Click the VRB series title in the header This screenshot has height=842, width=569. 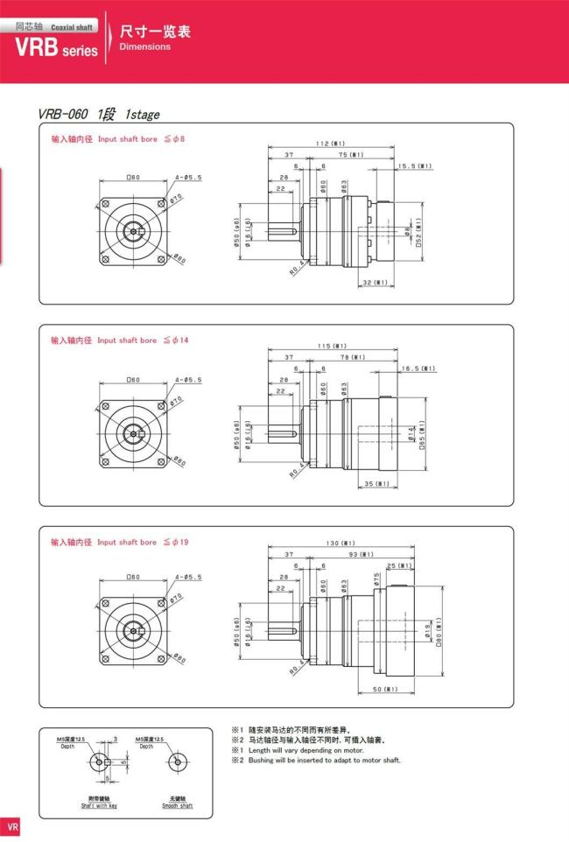point(56,48)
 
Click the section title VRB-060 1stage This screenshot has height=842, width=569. point(98,114)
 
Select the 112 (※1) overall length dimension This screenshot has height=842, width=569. point(331,143)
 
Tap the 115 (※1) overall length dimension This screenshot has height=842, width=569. point(332,345)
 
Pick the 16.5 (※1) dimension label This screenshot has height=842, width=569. point(418,368)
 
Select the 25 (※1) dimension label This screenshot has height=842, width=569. point(399,565)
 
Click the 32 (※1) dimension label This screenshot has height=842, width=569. point(375,283)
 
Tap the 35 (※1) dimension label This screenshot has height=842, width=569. point(377,483)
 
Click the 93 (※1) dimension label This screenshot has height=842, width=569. point(359,555)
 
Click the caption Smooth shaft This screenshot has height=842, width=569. point(177,804)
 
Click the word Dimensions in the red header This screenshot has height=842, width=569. point(144,46)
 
